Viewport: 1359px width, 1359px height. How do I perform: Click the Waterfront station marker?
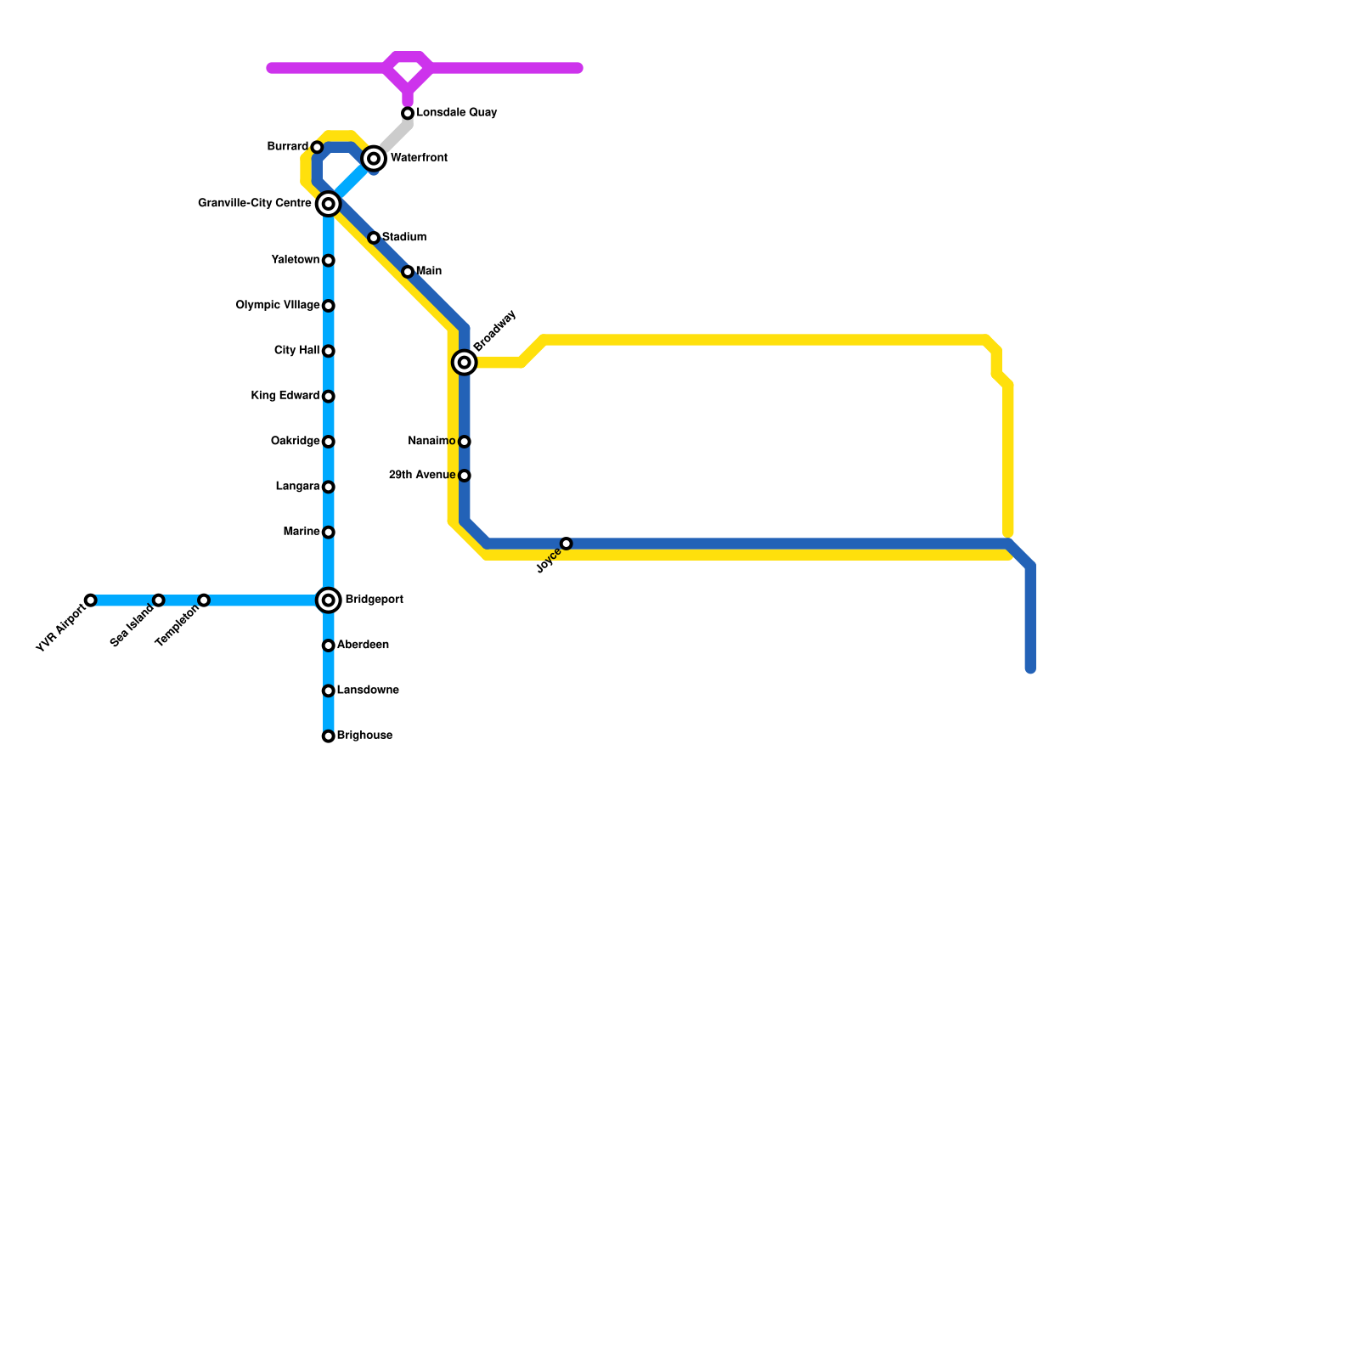click(374, 159)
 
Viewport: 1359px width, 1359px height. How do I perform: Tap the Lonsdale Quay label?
click(456, 113)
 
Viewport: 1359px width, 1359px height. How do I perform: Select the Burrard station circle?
click(318, 148)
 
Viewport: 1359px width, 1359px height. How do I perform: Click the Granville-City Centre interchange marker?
click(329, 204)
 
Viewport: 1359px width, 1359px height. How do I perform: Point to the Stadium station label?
click(404, 238)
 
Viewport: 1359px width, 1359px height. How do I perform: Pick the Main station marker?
click(408, 272)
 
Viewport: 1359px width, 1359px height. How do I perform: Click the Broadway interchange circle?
click(465, 363)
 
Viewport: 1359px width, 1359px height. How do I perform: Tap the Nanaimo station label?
click(431, 442)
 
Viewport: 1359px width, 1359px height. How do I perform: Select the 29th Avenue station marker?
click(465, 476)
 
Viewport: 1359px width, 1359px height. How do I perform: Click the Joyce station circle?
click(567, 544)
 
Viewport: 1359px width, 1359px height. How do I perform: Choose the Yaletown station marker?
click(329, 261)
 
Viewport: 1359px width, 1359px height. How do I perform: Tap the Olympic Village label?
click(278, 306)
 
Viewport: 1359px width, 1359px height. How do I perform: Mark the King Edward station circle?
click(329, 397)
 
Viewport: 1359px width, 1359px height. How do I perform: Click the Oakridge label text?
click(295, 442)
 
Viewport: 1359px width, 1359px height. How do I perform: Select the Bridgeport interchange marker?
click(329, 601)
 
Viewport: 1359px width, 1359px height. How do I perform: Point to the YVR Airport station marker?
click(91, 601)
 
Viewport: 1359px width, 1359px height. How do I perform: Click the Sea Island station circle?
click(159, 601)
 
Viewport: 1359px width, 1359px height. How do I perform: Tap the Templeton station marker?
click(204, 601)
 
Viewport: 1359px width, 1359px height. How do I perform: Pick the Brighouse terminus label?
click(364, 736)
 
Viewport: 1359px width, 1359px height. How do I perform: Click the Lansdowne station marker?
click(329, 691)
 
